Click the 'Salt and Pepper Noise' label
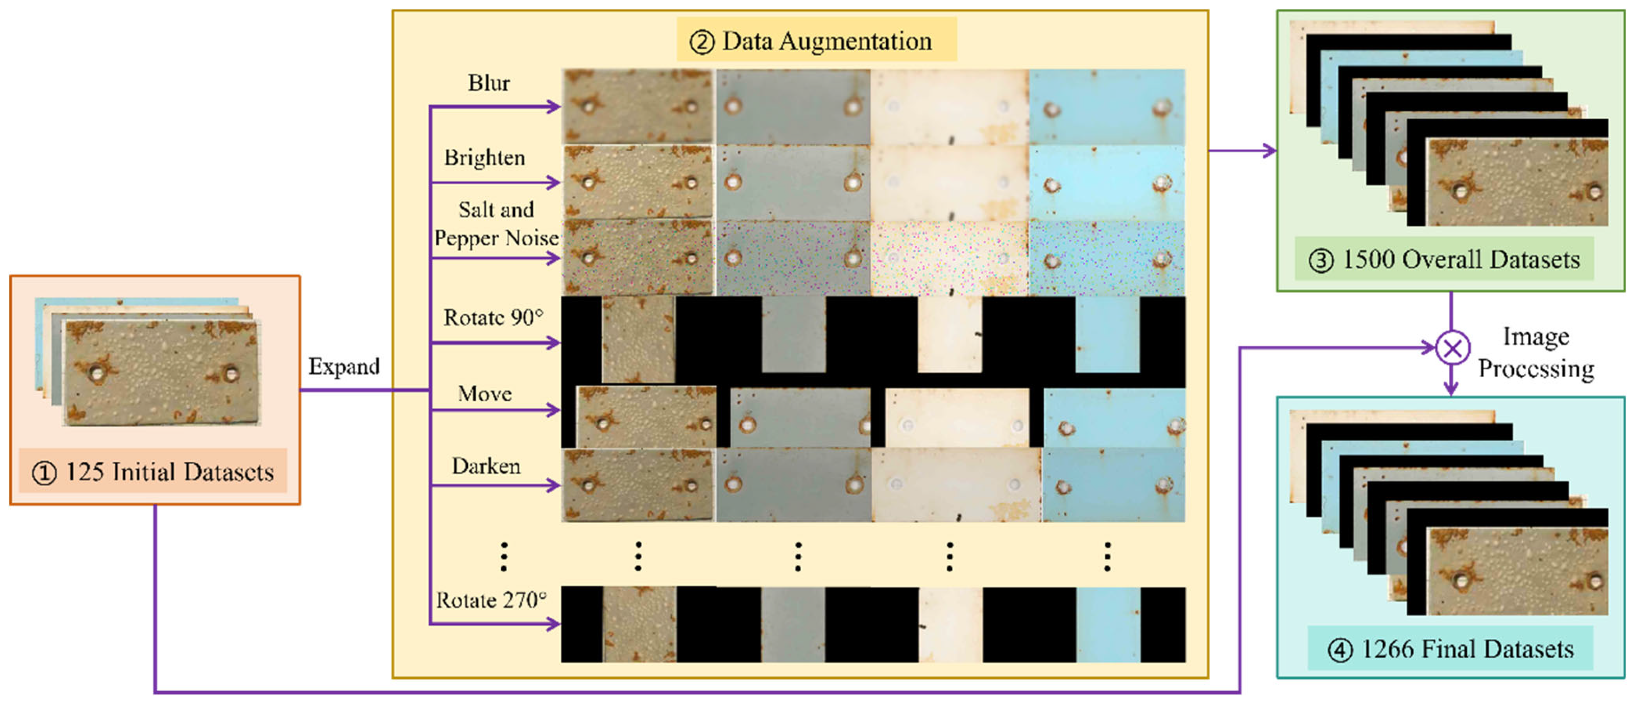pos(496,224)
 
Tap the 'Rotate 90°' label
pos(493,317)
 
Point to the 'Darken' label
pos(486,466)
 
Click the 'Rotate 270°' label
pos(491,600)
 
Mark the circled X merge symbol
pos(1452,347)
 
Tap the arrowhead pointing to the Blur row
pos(554,106)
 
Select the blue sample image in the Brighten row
pos(1107,183)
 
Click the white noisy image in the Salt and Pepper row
pos(950,258)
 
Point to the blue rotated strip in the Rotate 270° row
pos(1108,624)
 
